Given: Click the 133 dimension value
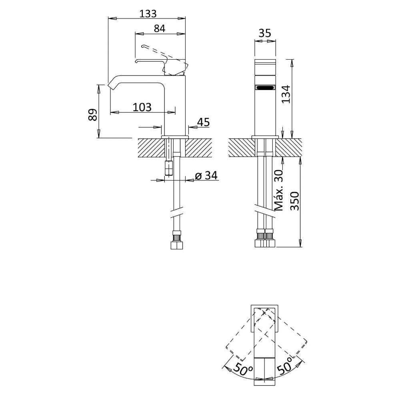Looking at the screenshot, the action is pyautogui.click(x=148, y=14).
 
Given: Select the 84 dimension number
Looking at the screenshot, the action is pyautogui.click(x=160, y=28).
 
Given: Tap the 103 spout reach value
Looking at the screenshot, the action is pyautogui.click(x=142, y=107).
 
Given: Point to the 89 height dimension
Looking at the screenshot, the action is pyautogui.click(x=93, y=115).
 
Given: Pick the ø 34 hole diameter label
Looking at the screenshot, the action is pyautogui.click(x=206, y=176).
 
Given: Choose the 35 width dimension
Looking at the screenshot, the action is pyautogui.click(x=265, y=33).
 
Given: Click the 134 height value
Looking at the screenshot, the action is pyautogui.click(x=286, y=94).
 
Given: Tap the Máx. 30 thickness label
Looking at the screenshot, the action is pyautogui.click(x=279, y=190).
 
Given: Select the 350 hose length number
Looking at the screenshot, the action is pyautogui.click(x=295, y=201).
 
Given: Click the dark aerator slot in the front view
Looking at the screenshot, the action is pyautogui.click(x=265, y=88).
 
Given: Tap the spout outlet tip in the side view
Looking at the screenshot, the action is pyautogui.click(x=110, y=86).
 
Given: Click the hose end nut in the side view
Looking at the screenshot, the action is pyautogui.click(x=176, y=245).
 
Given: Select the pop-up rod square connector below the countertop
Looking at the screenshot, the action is pyautogui.click(x=169, y=168).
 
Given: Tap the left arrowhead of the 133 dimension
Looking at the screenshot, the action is pyautogui.click(x=112, y=18).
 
